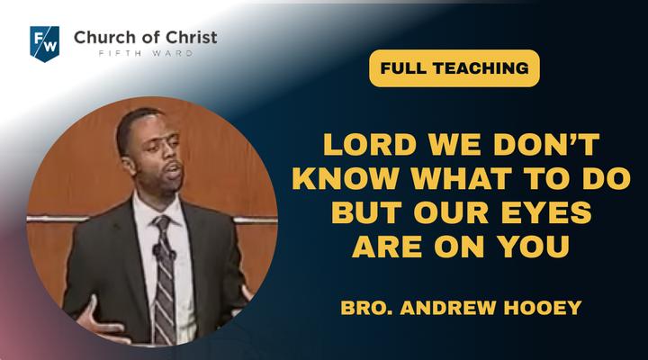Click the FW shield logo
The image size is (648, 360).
44,44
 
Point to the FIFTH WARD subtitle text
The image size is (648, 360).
146,53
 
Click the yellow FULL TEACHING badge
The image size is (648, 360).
454,68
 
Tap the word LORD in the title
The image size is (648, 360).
370,144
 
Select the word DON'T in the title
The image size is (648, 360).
546,144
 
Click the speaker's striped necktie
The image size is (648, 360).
165,281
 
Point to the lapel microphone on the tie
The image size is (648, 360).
157,251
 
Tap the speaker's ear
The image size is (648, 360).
130,166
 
